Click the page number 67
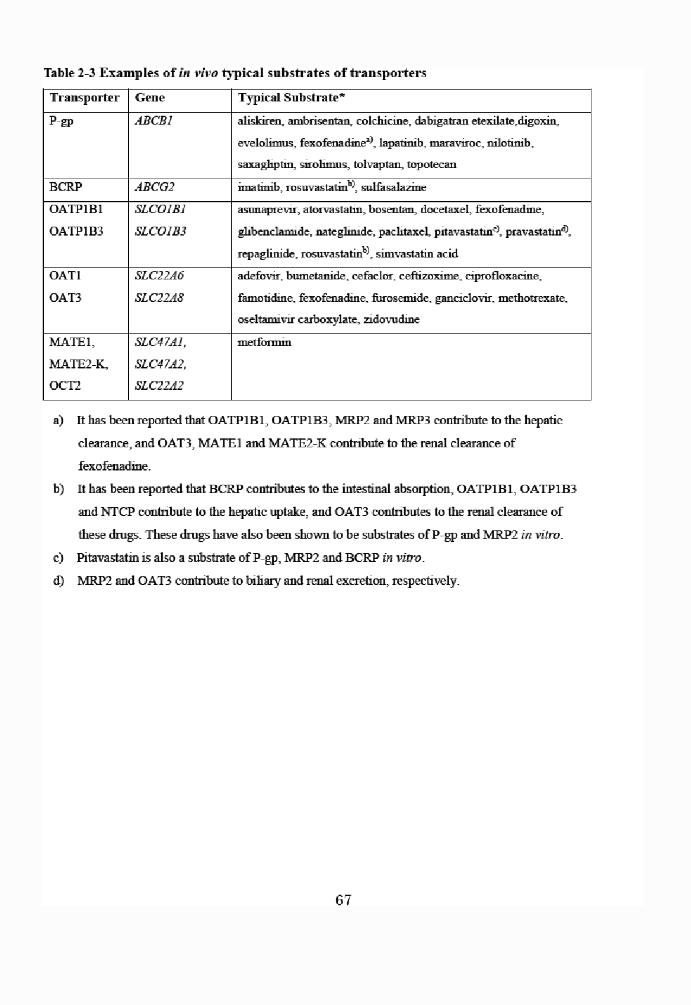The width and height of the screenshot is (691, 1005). click(343, 900)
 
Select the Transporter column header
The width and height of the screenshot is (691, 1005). click(84, 98)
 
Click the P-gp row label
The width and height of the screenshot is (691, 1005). click(61, 122)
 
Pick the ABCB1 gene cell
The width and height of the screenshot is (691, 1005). click(153, 121)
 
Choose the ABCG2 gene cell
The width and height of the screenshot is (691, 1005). click(154, 187)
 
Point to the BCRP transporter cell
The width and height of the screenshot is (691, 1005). click(66, 187)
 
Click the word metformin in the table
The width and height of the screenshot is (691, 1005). click(264, 342)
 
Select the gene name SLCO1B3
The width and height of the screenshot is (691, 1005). click(160, 231)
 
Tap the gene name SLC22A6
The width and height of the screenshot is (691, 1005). click(159, 276)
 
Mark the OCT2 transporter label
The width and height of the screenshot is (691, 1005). click(65, 386)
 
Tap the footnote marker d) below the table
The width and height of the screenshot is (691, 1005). click(58, 580)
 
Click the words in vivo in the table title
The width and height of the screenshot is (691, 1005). click(199, 73)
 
